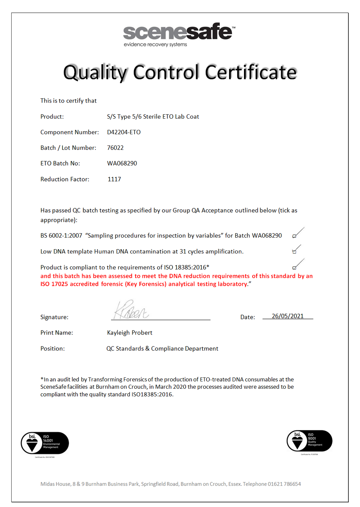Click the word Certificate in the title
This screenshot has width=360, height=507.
(251, 72)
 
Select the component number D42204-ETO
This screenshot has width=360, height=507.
(124, 132)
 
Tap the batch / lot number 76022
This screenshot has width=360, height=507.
(115, 148)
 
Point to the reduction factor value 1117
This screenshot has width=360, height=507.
(114, 179)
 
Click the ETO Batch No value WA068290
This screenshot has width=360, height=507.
(122, 163)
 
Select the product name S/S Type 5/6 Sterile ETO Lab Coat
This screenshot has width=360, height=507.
(153, 117)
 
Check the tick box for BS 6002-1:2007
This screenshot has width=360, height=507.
(295, 236)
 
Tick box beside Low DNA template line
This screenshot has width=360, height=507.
(294, 252)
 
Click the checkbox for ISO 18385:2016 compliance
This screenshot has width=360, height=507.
(295, 267)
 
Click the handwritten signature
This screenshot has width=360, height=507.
(131, 310)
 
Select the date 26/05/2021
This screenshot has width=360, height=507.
(288, 316)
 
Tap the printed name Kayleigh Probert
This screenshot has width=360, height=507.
(130, 333)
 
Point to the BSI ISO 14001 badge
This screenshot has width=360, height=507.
(45, 443)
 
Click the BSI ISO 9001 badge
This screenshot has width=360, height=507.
(309, 441)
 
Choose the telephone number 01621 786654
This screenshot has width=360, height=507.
(284, 484)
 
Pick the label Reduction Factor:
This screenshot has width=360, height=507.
(65, 179)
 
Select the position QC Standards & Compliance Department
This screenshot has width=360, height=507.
(162, 349)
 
